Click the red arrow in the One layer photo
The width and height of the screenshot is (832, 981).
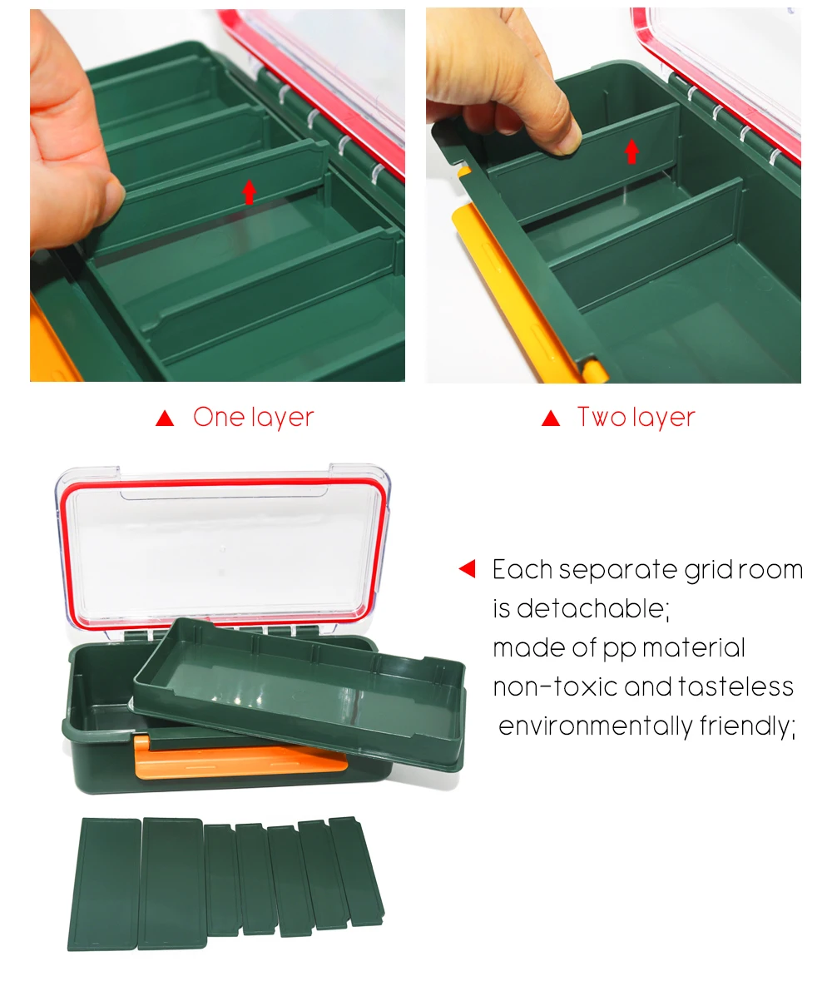[249, 192]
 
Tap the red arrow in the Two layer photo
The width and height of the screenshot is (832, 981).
[631, 151]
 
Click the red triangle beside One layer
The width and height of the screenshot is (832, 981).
[165, 418]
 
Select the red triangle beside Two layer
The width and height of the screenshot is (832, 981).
[551, 418]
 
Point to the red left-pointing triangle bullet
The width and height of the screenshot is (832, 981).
[468, 568]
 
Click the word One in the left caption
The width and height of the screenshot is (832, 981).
[218, 417]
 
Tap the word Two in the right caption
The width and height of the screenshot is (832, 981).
[602, 417]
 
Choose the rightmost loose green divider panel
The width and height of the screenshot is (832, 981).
[356, 871]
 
